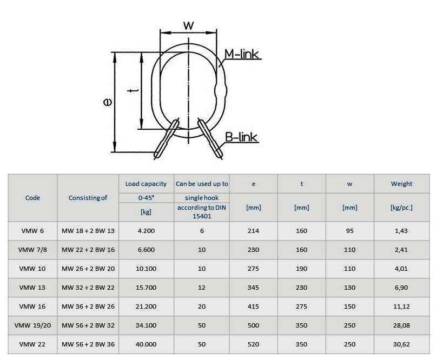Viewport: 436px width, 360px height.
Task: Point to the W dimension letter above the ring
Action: pos(188,25)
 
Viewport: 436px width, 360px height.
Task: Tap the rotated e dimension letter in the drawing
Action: pos(107,102)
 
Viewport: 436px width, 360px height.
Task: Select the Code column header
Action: pos(33,198)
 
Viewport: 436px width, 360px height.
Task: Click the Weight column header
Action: pos(401,184)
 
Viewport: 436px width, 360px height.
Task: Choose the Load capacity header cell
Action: pos(146,184)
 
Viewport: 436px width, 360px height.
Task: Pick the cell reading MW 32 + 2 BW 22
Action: pos(88,288)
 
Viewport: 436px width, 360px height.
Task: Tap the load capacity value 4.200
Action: pos(146,231)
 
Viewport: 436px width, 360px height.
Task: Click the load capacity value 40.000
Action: pos(146,344)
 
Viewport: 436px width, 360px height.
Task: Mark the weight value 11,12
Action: pos(401,306)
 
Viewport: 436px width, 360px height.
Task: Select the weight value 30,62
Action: pos(401,344)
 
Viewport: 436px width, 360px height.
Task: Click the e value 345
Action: pos(253,288)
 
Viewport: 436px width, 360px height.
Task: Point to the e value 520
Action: pos(253,344)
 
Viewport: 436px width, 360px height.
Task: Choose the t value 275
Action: pos(301,306)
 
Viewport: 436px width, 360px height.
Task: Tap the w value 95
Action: pos(349,231)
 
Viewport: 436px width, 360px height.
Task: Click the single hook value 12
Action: pos(202,288)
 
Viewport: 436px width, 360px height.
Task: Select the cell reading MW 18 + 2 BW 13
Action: pos(88,231)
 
